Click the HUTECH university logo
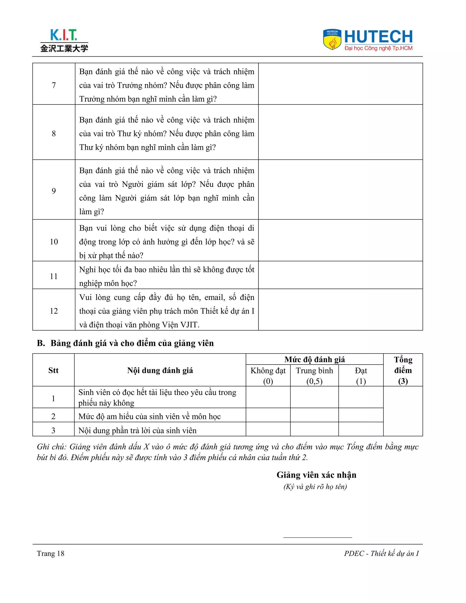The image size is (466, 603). [x=368, y=40]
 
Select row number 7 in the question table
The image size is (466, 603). [x=54, y=85]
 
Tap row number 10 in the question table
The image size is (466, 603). [x=54, y=242]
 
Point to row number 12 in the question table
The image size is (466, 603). [x=54, y=311]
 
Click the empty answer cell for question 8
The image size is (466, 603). [x=340, y=132]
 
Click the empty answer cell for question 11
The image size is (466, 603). [x=340, y=275]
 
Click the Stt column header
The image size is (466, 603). [x=53, y=370]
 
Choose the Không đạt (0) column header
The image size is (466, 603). [x=268, y=375]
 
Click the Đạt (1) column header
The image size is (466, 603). [x=361, y=375]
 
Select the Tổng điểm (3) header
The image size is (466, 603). [x=403, y=370]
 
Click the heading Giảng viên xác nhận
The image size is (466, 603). [x=316, y=475]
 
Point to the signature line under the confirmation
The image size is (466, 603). [x=317, y=537]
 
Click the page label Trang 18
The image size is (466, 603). [x=51, y=553]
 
